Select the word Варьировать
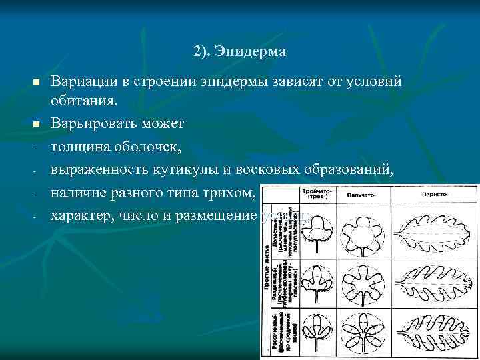click(93, 124)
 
